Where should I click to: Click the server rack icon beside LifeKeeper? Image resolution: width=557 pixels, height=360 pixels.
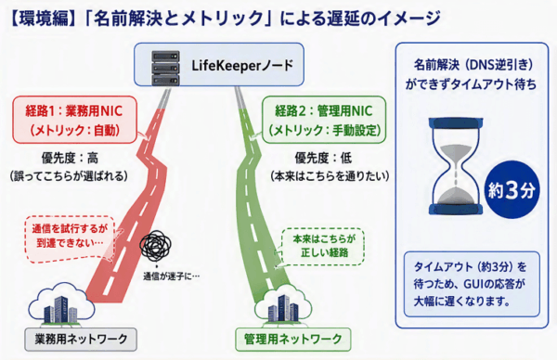(x=165, y=68)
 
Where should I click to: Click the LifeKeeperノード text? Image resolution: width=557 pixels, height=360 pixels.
(x=242, y=66)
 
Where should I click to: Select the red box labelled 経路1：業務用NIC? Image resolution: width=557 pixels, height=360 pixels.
(x=74, y=120)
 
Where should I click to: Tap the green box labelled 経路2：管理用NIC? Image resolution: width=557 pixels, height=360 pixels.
(x=324, y=120)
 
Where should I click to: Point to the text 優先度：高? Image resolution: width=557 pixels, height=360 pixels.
(x=70, y=159)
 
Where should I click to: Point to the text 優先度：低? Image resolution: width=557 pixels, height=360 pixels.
(x=323, y=159)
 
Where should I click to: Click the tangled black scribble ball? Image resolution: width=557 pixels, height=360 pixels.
(x=155, y=245)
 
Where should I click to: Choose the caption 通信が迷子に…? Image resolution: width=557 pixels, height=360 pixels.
(x=171, y=276)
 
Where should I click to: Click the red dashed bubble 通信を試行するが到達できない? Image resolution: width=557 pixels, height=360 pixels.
(x=70, y=239)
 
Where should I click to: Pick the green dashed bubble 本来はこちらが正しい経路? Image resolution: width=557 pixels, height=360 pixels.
(x=323, y=247)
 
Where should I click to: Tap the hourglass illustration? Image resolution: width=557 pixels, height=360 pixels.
(x=456, y=166)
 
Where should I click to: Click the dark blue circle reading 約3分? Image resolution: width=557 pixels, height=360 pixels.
(x=512, y=190)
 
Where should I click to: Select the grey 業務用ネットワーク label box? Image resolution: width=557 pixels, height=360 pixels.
(x=81, y=339)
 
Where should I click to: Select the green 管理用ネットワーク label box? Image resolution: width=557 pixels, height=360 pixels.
(x=293, y=339)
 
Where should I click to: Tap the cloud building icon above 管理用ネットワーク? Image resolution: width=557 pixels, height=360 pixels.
(x=283, y=306)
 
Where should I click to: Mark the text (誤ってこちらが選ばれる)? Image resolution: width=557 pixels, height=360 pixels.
(x=69, y=176)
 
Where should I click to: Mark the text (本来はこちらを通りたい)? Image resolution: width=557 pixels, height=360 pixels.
(x=330, y=176)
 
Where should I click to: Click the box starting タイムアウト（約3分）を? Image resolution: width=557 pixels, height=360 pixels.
(x=472, y=284)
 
